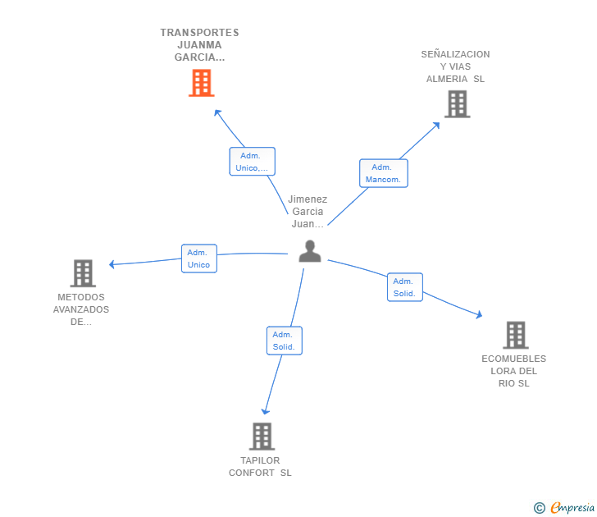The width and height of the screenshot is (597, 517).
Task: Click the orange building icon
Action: coord(202,83)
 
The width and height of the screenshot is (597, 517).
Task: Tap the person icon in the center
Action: coord(310,251)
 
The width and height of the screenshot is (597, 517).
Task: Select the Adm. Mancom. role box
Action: coord(384,173)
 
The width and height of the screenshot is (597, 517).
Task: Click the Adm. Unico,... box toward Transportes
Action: coord(252,162)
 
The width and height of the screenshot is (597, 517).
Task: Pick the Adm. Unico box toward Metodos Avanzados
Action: coord(199,258)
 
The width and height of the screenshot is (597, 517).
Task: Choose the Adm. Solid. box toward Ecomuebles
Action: coord(405,287)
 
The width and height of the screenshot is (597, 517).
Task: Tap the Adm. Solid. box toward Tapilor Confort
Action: coord(285,341)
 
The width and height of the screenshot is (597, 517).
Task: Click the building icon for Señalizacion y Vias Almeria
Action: coord(458,104)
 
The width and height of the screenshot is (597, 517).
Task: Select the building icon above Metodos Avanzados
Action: coord(83,273)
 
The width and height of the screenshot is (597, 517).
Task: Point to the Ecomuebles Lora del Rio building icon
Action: coord(516,336)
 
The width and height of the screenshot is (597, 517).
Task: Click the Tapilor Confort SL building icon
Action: coord(262,437)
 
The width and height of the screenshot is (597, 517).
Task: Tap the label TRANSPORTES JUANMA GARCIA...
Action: coord(199,45)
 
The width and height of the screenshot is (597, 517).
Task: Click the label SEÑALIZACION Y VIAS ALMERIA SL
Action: coord(455,66)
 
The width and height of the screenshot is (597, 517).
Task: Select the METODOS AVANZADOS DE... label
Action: coord(81,309)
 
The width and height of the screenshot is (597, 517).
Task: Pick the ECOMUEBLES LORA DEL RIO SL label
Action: coord(513,371)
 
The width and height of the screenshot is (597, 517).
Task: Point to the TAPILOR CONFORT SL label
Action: coord(260,467)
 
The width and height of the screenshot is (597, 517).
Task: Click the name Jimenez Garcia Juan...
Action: coord(308,212)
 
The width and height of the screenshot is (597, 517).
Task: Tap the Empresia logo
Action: coord(564,507)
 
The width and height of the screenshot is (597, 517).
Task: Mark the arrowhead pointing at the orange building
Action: coord(217,112)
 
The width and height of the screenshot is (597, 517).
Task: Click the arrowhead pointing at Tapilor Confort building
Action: coord(266,411)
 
